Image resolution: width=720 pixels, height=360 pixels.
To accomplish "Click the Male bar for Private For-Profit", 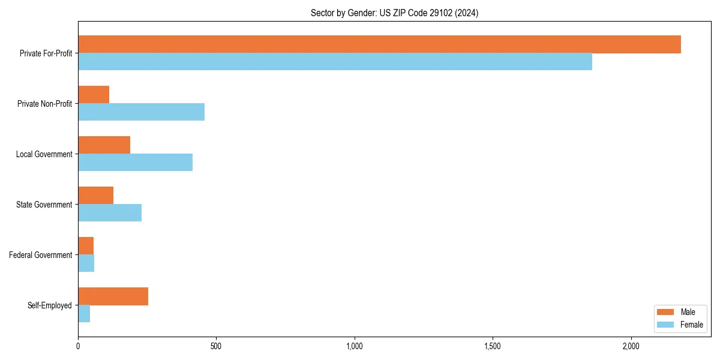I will point(379,44).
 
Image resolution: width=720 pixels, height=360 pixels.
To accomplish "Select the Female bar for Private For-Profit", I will point(335,62).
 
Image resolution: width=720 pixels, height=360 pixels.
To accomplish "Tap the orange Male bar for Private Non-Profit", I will point(94,95).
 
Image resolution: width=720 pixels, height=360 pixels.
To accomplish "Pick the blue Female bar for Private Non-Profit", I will point(141,112).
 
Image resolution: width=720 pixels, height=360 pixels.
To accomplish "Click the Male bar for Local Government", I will point(104,145).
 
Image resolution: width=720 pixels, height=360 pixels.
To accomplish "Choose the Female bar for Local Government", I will point(135,163).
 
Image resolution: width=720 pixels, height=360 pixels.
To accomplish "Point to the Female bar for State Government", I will point(110,213).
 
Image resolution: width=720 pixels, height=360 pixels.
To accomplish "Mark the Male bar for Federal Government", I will point(86,246).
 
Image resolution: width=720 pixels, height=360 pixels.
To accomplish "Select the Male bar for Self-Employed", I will point(113,296).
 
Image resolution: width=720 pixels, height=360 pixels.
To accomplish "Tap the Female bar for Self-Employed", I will point(84,314).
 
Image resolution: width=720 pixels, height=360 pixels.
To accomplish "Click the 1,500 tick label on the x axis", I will point(493,346).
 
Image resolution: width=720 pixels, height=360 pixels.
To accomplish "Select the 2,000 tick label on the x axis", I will point(631,346).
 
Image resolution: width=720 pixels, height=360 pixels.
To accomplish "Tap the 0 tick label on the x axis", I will point(78,346).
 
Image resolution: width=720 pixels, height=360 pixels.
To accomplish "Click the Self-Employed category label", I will point(50,305).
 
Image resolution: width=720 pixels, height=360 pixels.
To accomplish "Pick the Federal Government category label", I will point(41,255).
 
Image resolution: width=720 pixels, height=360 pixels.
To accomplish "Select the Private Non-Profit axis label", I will point(44,104).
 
